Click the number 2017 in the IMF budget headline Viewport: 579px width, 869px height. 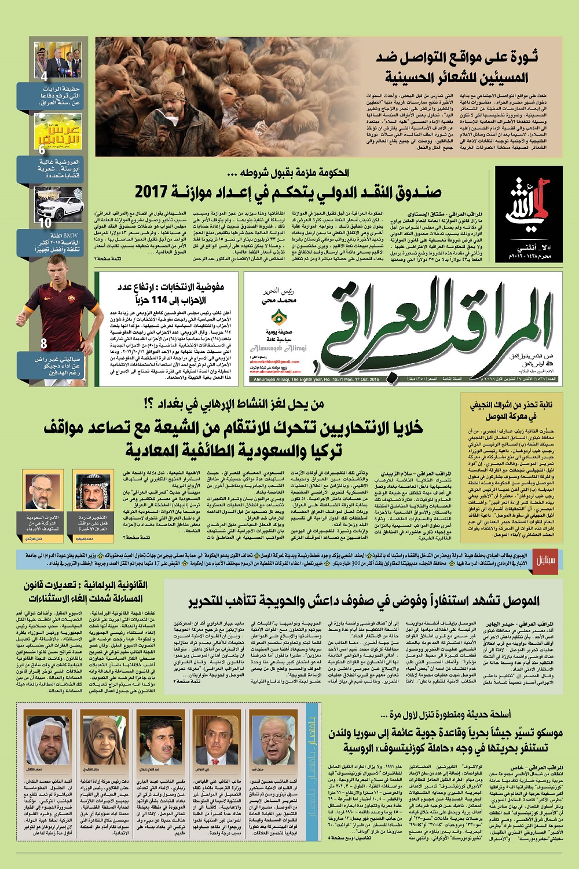pyautogui.click(x=150, y=191)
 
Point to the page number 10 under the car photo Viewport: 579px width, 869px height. pyautogui.click(x=45, y=222)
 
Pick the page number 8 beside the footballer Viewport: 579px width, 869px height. pyautogui.click(x=44, y=344)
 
